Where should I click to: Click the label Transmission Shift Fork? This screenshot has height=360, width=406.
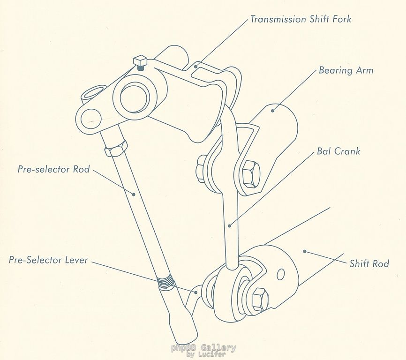301,20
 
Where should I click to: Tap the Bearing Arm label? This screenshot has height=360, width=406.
346,71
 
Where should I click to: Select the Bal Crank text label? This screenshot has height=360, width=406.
338,151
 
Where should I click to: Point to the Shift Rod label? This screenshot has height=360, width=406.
369,263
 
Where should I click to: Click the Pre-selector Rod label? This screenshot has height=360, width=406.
53,169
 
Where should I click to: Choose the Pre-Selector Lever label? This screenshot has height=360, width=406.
48,260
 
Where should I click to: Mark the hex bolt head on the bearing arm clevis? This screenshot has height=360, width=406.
249,174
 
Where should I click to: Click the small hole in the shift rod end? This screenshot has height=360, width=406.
280,274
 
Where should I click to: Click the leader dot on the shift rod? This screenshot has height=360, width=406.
305,252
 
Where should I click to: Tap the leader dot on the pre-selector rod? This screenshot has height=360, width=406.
134,194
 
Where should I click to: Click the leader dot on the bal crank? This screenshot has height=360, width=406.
230,226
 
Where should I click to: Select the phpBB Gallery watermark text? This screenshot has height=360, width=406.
203,348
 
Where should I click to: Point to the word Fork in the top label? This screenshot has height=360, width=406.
341,20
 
